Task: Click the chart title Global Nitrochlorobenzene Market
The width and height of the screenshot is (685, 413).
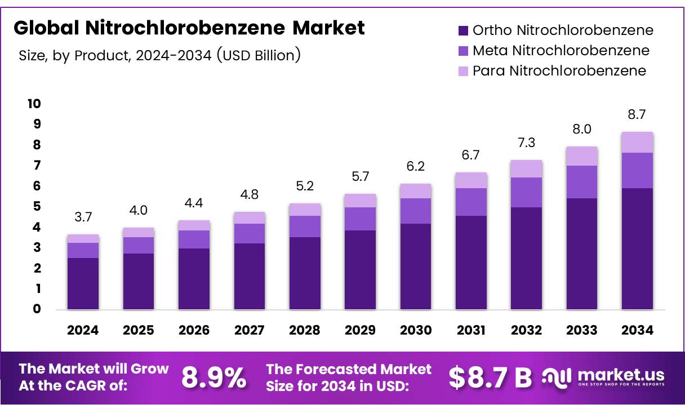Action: pos(189,27)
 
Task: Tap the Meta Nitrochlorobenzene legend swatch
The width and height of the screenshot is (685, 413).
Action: pos(463,51)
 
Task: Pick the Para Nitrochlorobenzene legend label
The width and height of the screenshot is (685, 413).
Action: pos(559,71)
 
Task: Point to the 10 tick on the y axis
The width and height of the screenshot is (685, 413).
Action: pos(34,104)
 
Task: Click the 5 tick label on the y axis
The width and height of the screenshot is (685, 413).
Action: pos(37,207)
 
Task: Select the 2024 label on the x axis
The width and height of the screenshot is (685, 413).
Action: pos(83,331)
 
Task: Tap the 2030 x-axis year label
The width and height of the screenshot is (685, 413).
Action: pos(416,331)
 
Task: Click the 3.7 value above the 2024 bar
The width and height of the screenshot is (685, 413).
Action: pos(83,217)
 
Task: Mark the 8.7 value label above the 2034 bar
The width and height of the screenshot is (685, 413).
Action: pos(637,114)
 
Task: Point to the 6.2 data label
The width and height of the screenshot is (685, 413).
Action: pos(416,166)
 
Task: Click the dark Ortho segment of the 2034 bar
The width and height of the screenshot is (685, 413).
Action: pos(637,248)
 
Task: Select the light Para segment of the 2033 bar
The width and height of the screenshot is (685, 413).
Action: pos(582,156)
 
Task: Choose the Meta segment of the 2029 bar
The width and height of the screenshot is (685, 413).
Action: pos(360,219)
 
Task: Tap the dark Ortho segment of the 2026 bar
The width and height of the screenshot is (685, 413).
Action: pos(194,278)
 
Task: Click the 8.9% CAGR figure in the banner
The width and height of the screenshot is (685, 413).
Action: pos(213,378)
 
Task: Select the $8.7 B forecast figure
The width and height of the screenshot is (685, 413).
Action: pos(490,378)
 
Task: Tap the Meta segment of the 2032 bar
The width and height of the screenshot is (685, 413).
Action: pos(526,192)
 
